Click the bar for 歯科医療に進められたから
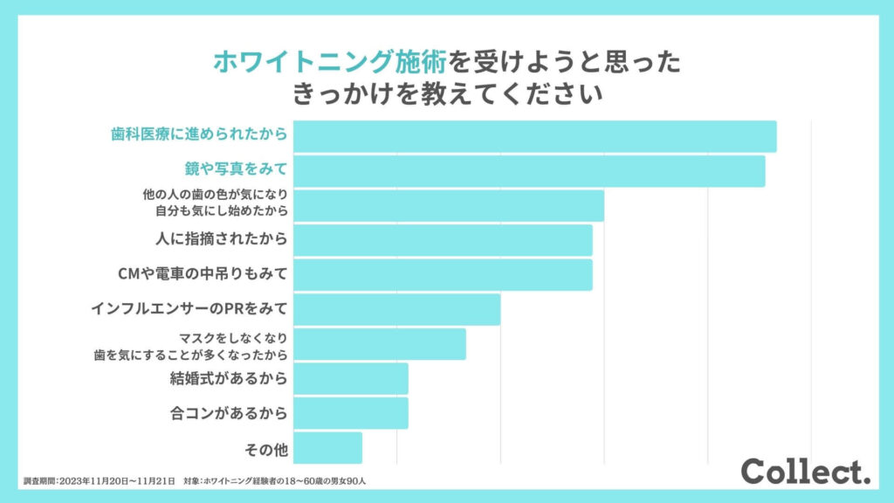tap(534, 136)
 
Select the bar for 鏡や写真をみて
tap(529, 171)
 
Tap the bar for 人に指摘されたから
tap(443, 240)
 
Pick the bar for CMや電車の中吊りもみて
tap(443, 274)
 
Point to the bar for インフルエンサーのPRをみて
tap(396, 309)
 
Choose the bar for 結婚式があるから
tap(350, 378)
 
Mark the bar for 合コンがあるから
tap(350, 413)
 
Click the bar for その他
tap(327, 447)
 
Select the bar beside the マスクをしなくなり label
tap(379, 344)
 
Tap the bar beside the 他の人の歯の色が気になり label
tap(448, 205)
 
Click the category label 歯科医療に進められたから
tap(199, 136)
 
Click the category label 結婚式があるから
tap(229, 378)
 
